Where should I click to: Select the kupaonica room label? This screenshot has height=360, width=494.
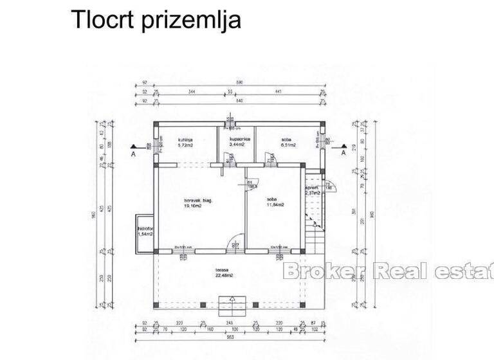click(x=241, y=139)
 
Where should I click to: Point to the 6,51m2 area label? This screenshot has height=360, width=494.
click(x=288, y=145)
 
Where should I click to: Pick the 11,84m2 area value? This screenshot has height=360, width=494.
click(x=276, y=204)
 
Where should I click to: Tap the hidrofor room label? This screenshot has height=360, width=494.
click(x=145, y=228)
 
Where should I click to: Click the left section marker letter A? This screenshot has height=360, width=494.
click(x=133, y=154)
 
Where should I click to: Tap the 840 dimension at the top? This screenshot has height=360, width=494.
click(x=239, y=101)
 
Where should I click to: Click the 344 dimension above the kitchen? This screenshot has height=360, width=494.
click(x=192, y=93)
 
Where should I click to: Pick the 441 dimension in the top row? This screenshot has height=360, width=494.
click(x=278, y=93)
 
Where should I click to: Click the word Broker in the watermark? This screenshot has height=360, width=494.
click(x=324, y=271)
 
